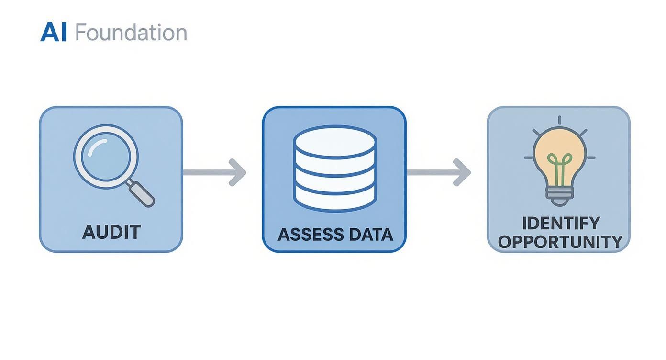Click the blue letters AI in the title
[53, 33]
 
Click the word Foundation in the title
[131, 33]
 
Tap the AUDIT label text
[111, 232]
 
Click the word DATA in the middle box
[371, 235]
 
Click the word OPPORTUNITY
[560, 242]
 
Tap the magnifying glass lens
[106, 156]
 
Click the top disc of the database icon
[335, 141]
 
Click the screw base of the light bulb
[559, 194]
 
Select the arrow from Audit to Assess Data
[213, 172]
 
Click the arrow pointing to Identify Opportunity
[438, 172]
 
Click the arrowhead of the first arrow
[237, 172]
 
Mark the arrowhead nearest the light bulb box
[462, 172]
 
